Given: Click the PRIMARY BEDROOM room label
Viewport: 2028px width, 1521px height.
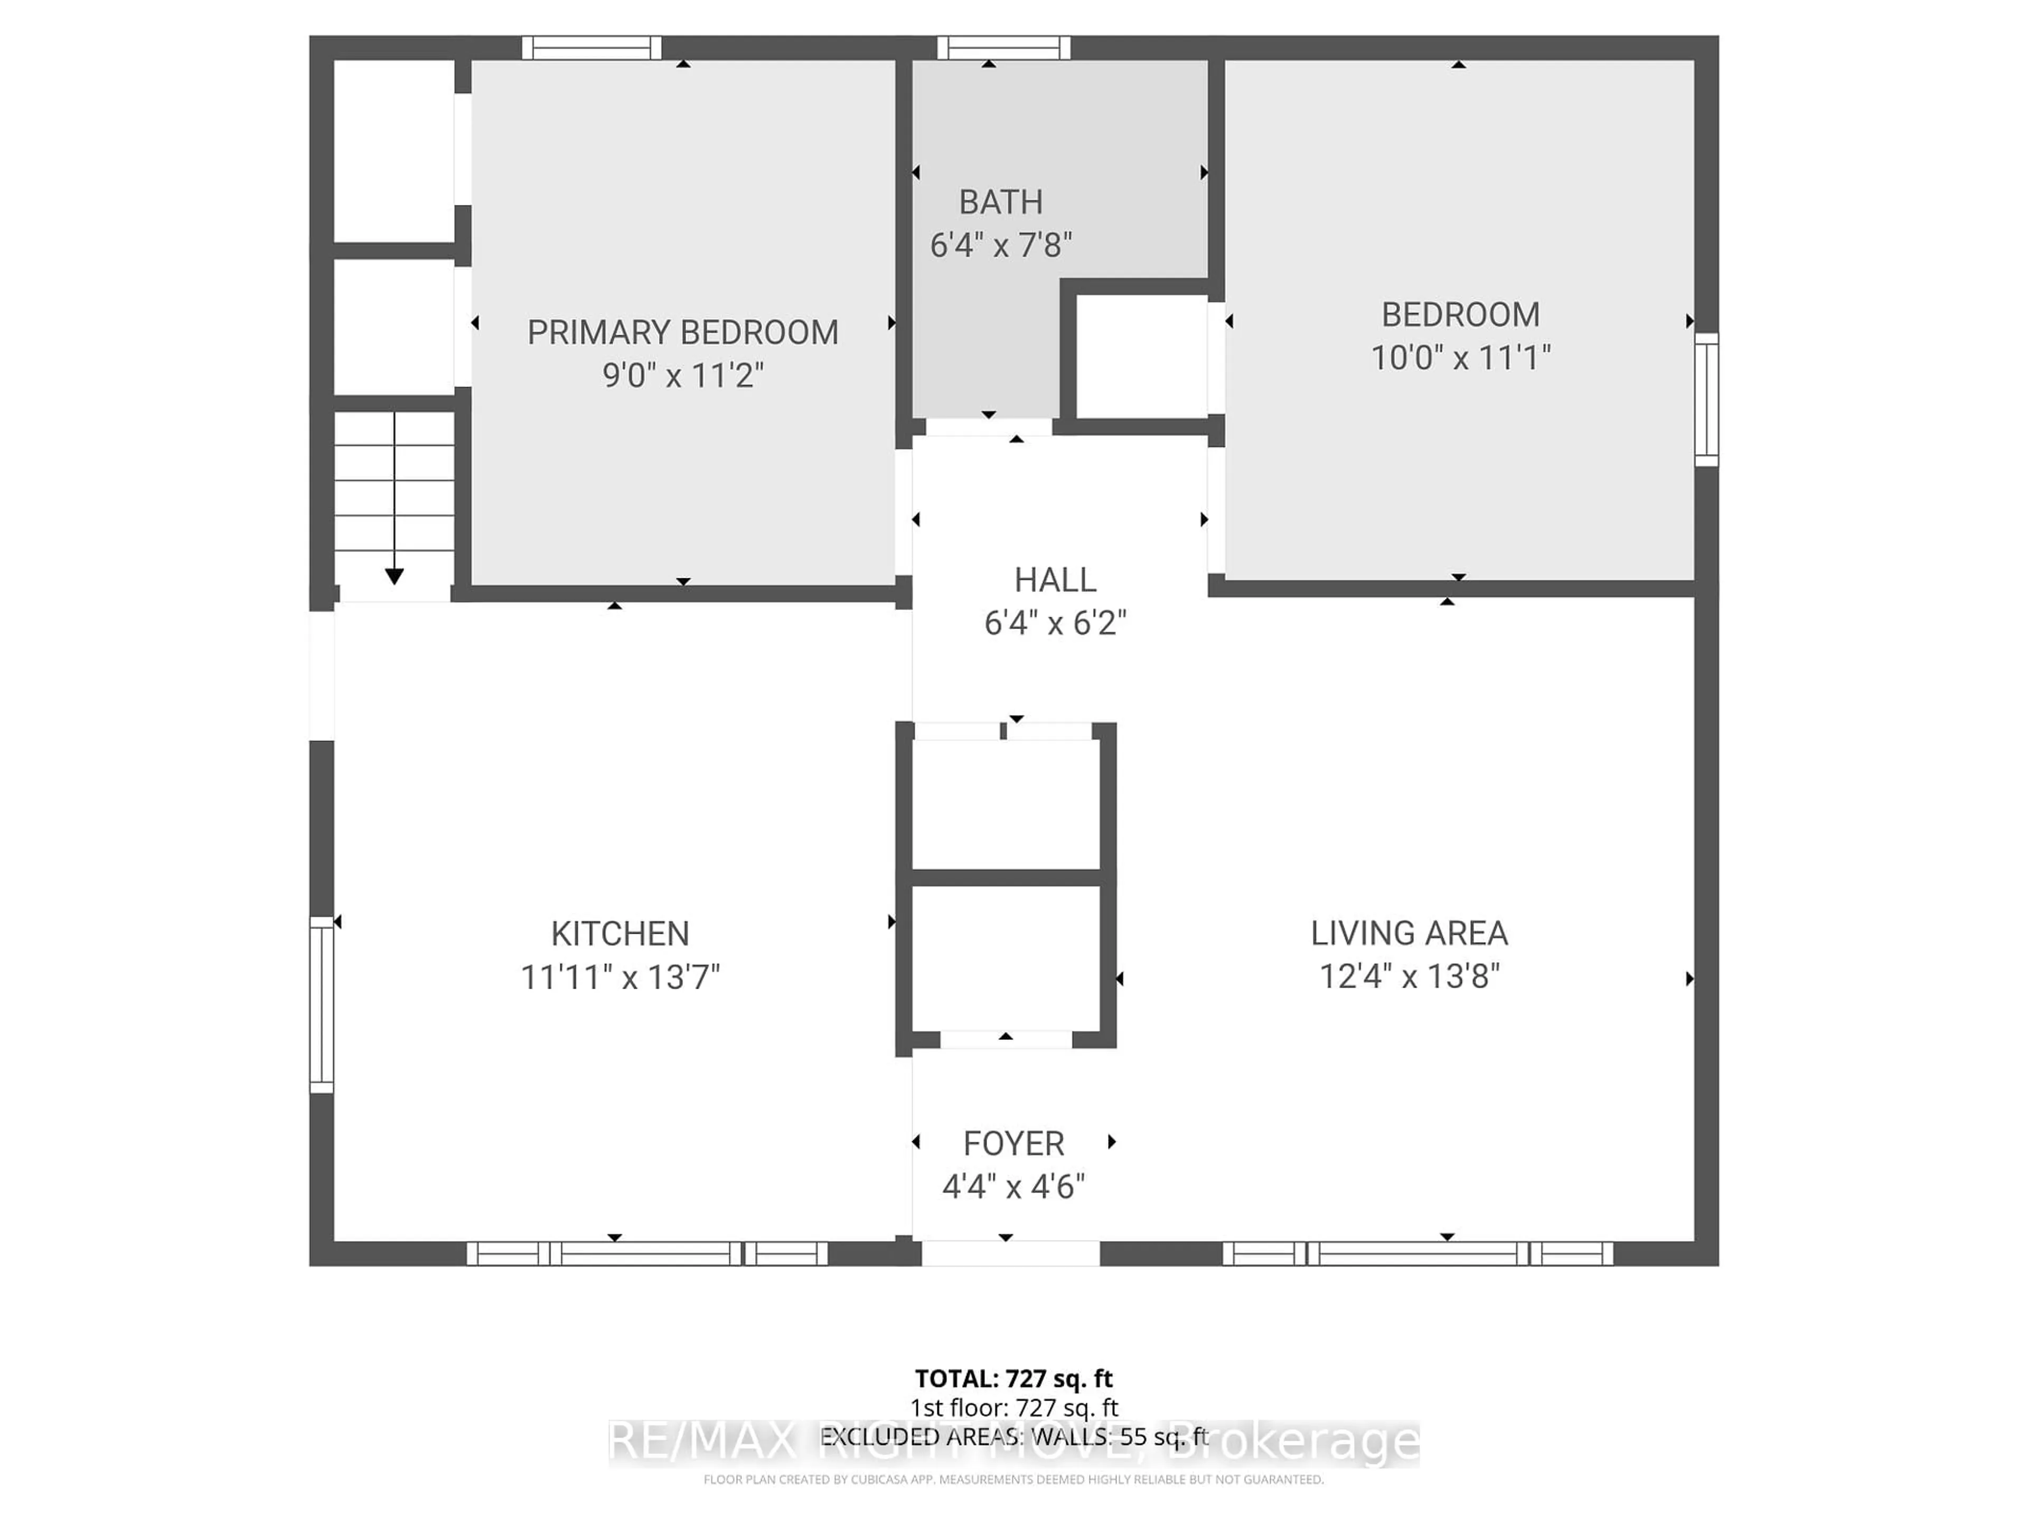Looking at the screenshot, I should tap(682, 332).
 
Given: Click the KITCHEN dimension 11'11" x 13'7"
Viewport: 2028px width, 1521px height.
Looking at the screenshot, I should tap(620, 978).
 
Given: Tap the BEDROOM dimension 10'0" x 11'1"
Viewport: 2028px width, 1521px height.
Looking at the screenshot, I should tap(1460, 358).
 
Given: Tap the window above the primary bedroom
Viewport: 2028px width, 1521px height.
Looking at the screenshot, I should tap(591, 48).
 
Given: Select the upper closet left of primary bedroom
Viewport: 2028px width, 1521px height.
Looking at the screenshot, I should tap(394, 151).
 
